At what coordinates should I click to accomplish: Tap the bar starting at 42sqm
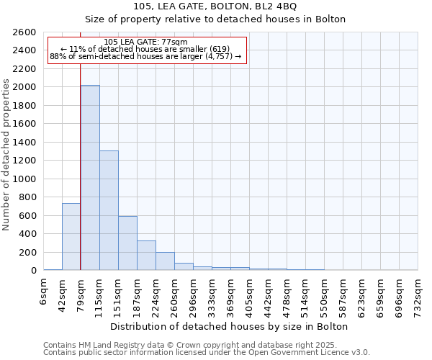click(71, 237)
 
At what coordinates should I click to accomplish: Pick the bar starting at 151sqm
click(127, 243)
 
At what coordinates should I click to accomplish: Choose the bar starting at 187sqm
click(146, 256)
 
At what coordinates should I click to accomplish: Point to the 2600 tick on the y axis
click(26, 32)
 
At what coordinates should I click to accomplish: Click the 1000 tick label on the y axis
click(26, 179)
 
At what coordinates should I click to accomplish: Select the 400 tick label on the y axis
click(29, 234)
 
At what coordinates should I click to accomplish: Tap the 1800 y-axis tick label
click(26, 106)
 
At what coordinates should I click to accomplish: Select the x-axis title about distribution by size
click(230, 326)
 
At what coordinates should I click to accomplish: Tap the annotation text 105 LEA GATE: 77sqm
click(146, 42)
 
